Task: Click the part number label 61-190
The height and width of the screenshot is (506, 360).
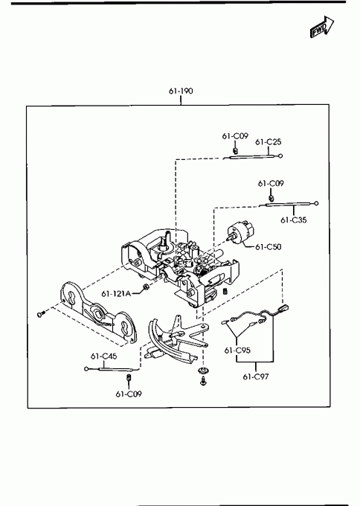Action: tap(181, 91)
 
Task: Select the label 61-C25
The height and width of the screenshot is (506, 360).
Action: tap(268, 141)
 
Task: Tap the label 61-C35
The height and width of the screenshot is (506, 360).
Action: tap(294, 220)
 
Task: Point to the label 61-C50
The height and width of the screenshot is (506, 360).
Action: tap(268, 247)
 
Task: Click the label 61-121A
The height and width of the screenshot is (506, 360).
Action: tap(116, 294)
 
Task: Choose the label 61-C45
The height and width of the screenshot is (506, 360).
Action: tap(103, 356)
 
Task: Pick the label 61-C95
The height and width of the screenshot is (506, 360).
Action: tap(237, 350)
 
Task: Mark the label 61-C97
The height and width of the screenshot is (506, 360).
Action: tap(256, 377)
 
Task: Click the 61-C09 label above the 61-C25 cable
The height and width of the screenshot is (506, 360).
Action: tap(235, 136)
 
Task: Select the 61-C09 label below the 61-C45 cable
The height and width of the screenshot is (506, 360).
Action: tap(129, 394)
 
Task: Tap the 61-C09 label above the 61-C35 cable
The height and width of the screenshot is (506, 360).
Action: tap(271, 184)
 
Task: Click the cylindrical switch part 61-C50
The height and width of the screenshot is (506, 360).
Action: tap(241, 232)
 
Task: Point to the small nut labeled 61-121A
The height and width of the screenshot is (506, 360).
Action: tap(146, 286)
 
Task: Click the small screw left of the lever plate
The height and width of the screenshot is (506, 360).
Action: tap(40, 313)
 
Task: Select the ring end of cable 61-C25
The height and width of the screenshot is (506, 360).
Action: tap(280, 156)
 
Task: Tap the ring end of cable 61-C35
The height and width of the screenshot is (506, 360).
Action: tap(316, 203)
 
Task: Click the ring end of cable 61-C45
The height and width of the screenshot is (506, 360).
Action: tap(86, 369)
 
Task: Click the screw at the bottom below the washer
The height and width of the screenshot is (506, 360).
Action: tap(203, 381)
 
